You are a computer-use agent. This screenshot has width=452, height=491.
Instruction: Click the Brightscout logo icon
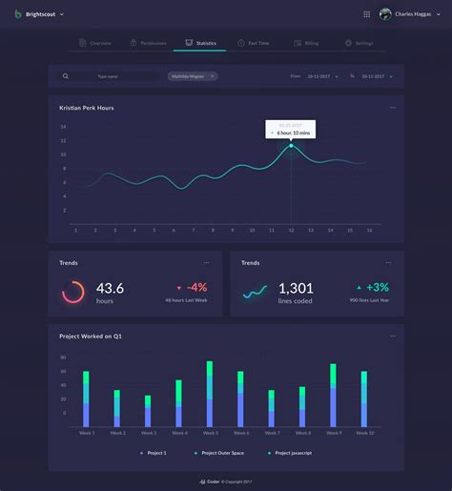coord(17,14)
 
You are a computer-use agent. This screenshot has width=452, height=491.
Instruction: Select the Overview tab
coord(96,44)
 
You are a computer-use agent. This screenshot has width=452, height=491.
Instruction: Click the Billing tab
coord(306,44)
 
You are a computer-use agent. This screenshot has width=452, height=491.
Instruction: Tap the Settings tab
coord(359,44)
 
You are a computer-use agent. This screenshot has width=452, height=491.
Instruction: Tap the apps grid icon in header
coord(367,14)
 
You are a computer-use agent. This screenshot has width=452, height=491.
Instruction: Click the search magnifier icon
coord(66,76)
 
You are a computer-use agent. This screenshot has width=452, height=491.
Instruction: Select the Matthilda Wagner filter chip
coord(192,76)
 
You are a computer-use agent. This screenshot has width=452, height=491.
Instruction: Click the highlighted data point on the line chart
coord(291,145)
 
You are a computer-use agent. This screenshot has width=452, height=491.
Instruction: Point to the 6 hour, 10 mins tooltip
coord(291,130)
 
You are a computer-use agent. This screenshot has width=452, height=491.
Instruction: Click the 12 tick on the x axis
coord(291,230)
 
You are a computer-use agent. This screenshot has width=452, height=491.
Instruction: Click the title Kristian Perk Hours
coord(86,108)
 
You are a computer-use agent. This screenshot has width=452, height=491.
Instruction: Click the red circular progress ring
coord(73,293)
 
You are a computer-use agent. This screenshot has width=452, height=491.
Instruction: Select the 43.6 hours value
coord(110,288)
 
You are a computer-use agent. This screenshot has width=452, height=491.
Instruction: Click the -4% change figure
coord(196,287)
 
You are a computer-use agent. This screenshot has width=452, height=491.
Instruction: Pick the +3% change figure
coord(378,287)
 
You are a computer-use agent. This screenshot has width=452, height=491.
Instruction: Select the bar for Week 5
coord(210,394)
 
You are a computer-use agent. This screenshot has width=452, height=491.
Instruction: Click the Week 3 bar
coord(148,411)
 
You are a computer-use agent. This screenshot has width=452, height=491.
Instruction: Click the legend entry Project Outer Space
coord(223,453)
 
